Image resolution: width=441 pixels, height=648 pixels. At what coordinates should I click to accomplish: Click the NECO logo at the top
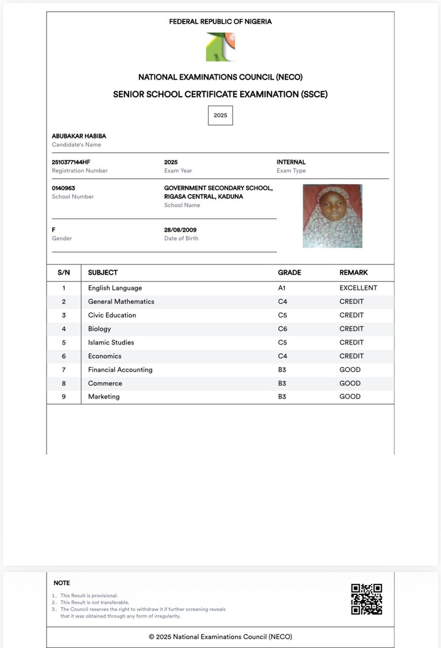220,47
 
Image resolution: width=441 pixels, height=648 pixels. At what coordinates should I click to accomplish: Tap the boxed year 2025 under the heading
220,115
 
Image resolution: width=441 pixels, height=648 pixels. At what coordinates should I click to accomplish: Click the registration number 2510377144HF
71,163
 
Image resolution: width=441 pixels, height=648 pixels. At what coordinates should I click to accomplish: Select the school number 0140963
63,188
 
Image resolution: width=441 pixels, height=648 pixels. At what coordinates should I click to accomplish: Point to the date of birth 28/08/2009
180,230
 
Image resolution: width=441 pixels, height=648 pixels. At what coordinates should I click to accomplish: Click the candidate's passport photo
333,216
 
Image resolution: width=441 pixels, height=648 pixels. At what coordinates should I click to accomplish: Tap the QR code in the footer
366,599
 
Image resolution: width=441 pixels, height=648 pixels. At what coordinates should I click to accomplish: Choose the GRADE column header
289,273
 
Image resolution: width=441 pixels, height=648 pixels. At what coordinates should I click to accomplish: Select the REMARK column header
354,273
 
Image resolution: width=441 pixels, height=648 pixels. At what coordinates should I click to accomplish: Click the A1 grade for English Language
282,288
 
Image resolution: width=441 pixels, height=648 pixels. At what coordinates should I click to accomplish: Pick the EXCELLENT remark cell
358,288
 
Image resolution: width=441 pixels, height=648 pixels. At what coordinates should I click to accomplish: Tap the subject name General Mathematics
121,302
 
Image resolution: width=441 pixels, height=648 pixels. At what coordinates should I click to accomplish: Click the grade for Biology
282,329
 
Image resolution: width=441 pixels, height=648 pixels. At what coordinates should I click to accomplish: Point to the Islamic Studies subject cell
111,343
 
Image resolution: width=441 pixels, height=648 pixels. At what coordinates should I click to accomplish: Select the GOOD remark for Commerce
350,383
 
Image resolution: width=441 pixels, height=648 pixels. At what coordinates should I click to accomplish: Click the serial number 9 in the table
64,397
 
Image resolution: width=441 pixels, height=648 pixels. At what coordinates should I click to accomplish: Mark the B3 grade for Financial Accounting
282,370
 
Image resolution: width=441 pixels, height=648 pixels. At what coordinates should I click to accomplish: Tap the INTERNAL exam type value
291,163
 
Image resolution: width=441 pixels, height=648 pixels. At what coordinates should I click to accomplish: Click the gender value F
54,230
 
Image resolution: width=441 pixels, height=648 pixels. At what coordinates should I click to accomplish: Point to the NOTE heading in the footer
62,583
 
